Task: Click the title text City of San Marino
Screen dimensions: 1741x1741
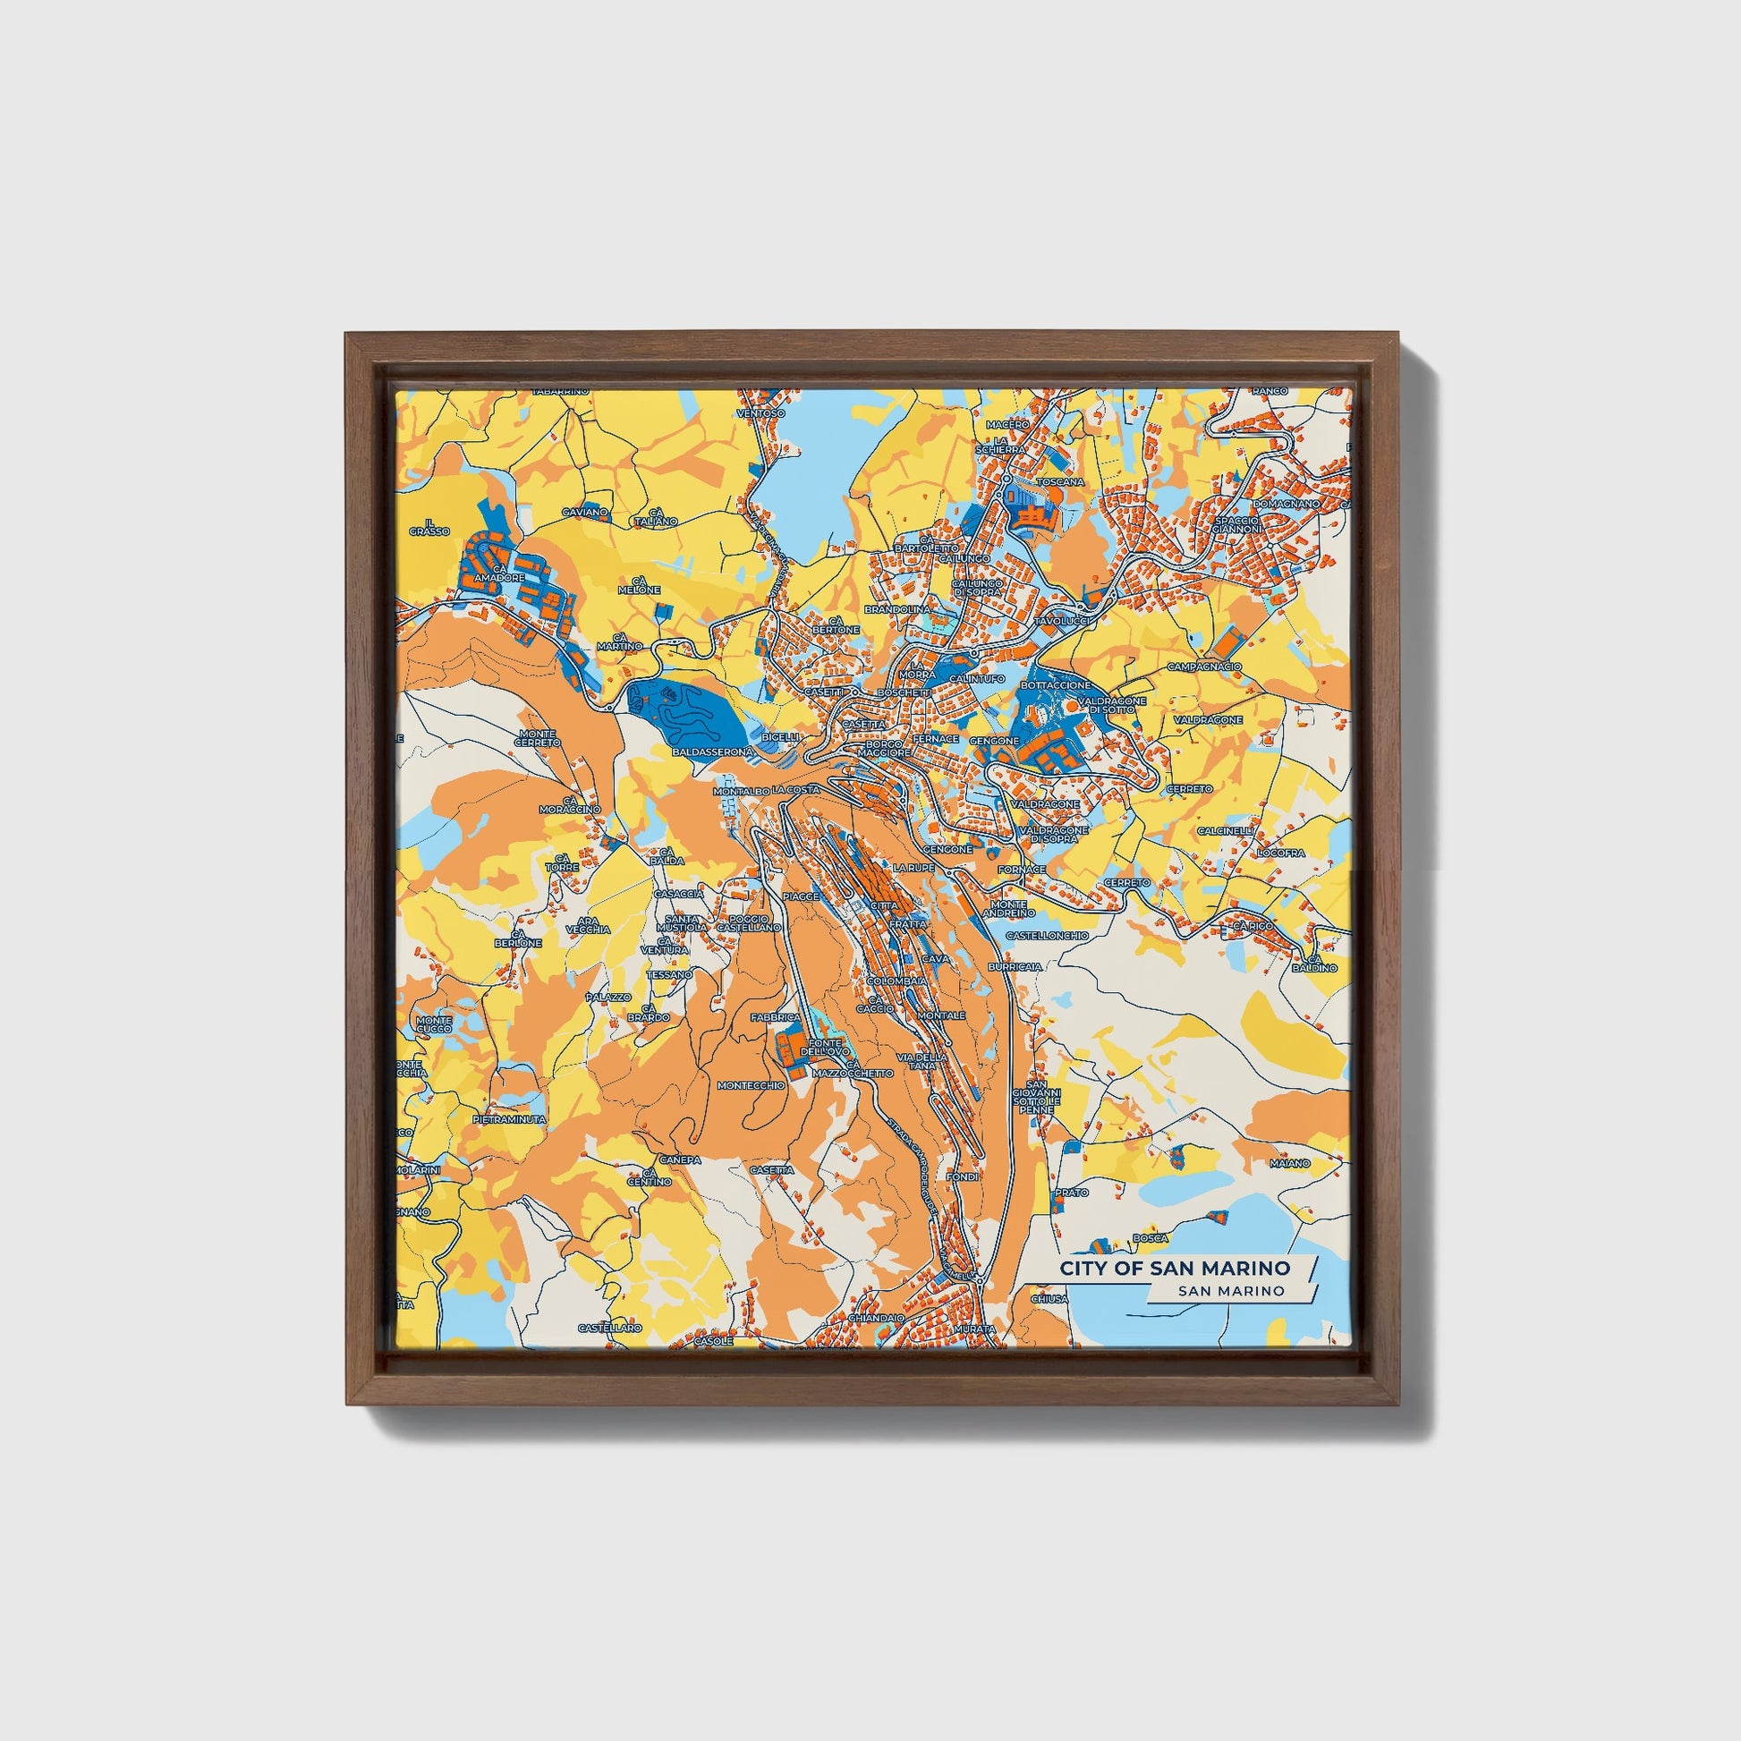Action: tap(1174, 1268)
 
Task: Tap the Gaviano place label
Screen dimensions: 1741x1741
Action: tap(585, 512)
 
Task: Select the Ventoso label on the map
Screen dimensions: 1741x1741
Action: tap(760, 412)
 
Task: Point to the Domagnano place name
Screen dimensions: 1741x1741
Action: tap(1286, 503)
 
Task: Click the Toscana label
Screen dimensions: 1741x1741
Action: tap(1061, 482)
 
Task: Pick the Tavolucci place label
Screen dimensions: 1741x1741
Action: tap(1063, 622)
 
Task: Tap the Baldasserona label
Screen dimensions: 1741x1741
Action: tap(712, 751)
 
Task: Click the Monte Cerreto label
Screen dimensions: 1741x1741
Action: tap(537, 738)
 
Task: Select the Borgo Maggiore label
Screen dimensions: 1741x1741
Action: tap(883, 748)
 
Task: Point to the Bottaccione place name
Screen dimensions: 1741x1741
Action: tap(1055, 686)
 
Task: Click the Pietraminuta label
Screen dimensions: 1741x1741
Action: tap(509, 1119)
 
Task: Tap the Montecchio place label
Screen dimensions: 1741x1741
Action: tap(751, 1086)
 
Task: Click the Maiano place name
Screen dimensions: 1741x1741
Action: tap(1289, 1163)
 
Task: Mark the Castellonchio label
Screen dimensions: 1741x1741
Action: tap(1046, 936)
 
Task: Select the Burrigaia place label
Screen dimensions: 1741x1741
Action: tap(1015, 966)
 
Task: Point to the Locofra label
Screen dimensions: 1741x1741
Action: tap(1280, 852)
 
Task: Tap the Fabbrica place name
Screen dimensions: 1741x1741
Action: tap(775, 1016)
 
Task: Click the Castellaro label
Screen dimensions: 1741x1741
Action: tap(610, 1329)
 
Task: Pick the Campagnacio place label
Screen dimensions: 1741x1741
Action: tap(1204, 667)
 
